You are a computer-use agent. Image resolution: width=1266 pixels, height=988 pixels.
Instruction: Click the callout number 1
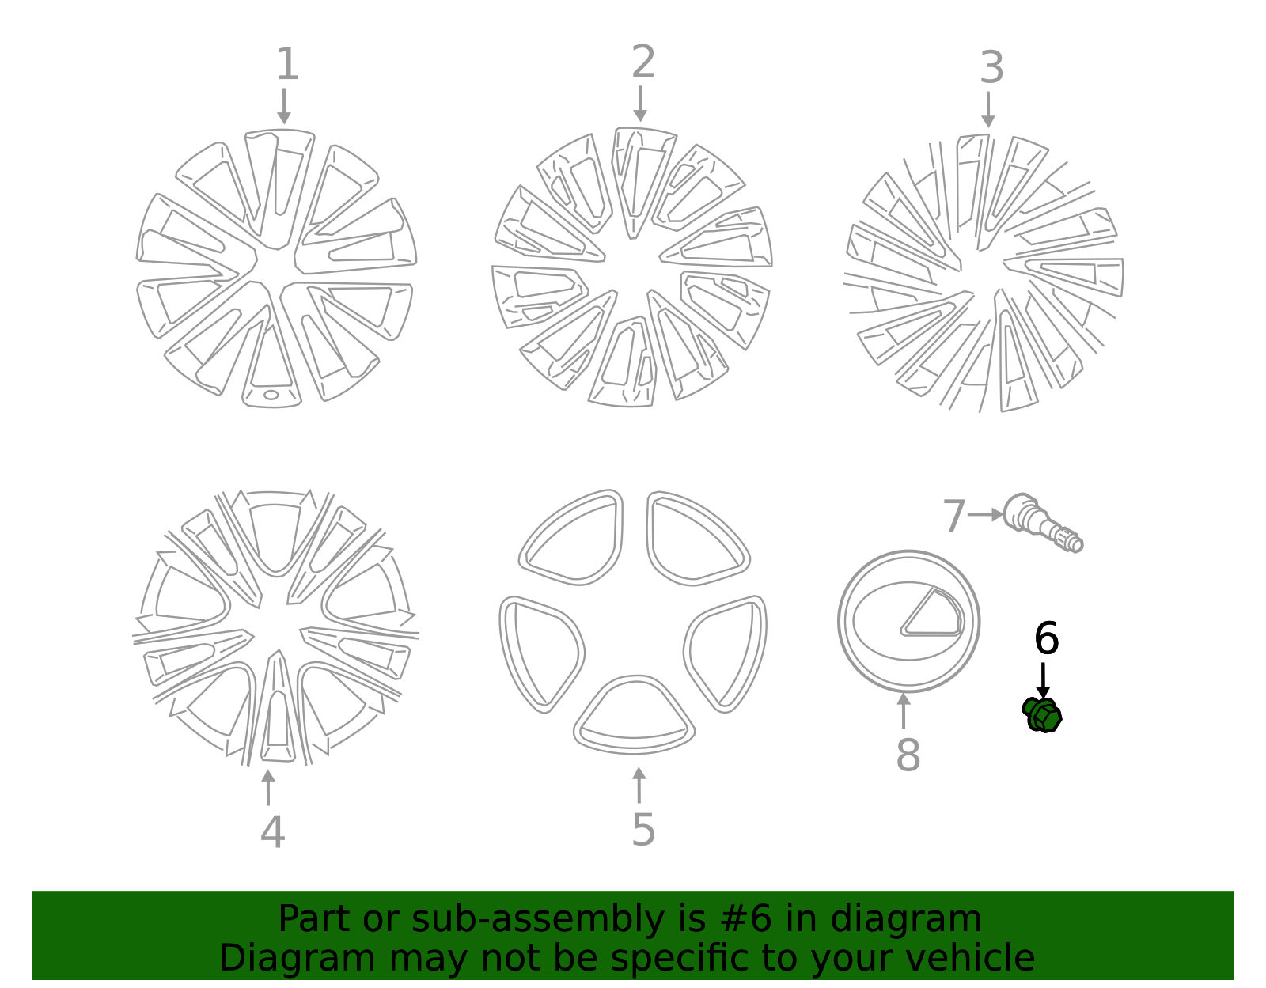287,65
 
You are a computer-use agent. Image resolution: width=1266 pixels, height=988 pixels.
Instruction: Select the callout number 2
643,62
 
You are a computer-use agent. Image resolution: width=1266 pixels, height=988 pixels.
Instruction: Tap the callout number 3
991,68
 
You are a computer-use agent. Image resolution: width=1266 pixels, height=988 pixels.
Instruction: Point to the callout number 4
272,832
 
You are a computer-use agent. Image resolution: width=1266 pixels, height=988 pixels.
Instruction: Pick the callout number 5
643,830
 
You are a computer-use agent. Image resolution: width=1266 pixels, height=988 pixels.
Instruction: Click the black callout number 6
1046,639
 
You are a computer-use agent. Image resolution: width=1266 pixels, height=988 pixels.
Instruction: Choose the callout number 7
954,517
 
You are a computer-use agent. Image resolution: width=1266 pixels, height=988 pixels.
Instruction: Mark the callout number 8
908,755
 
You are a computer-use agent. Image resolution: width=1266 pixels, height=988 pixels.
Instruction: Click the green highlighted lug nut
1042,715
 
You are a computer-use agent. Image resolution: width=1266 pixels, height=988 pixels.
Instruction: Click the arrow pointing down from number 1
283,106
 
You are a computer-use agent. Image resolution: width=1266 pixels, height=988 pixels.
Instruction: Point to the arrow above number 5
639,785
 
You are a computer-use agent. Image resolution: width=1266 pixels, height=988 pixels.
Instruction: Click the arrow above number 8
904,710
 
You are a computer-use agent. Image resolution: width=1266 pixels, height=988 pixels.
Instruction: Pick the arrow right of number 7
985,514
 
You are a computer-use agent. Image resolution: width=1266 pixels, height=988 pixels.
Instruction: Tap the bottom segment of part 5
634,715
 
